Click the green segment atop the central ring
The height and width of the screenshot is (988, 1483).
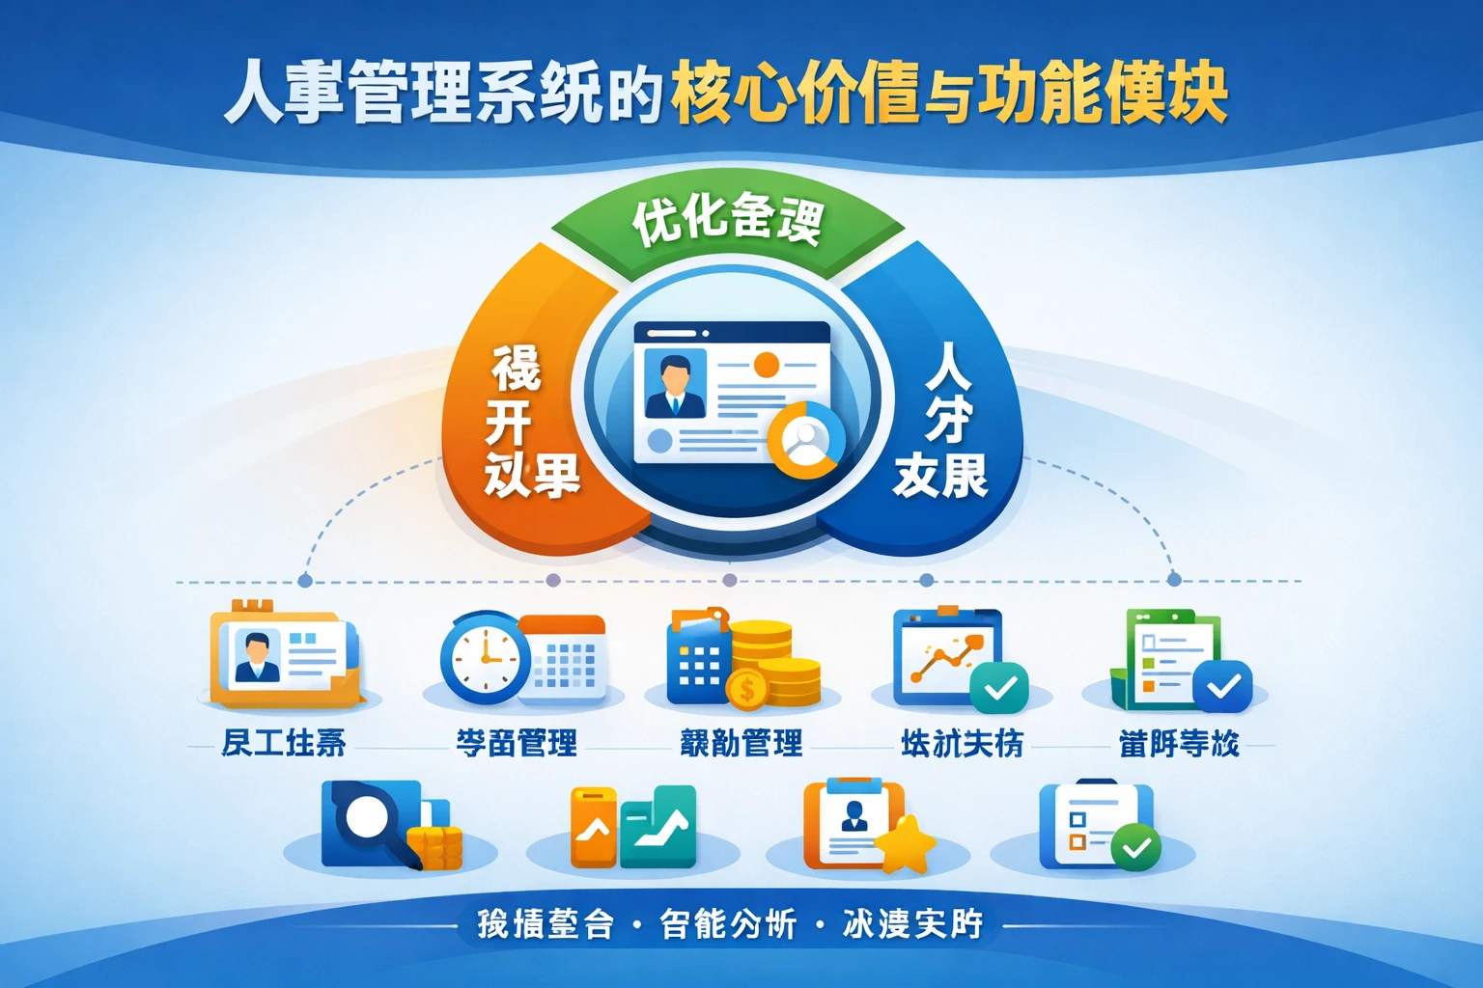point(728,222)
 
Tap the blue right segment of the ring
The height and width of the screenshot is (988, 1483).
point(941,425)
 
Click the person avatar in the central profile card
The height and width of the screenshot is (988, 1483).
point(674,384)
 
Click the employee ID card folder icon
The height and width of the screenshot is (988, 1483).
point(286,656)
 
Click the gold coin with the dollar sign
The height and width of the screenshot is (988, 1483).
point(746,690)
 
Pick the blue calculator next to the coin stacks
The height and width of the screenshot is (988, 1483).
point(698,661)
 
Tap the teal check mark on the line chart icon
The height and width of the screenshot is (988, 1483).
point(999,688)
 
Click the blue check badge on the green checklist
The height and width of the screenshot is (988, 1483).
point(1222,686)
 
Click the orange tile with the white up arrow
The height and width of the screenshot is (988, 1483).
point(593,828)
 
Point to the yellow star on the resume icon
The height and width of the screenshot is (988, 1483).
point(906,843)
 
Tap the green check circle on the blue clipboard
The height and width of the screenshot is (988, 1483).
point(1136,847)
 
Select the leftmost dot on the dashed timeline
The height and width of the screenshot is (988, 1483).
point(305,581)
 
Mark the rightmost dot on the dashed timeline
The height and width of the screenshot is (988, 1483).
point(1174,580)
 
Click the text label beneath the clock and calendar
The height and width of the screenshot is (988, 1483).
point(517,743)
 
